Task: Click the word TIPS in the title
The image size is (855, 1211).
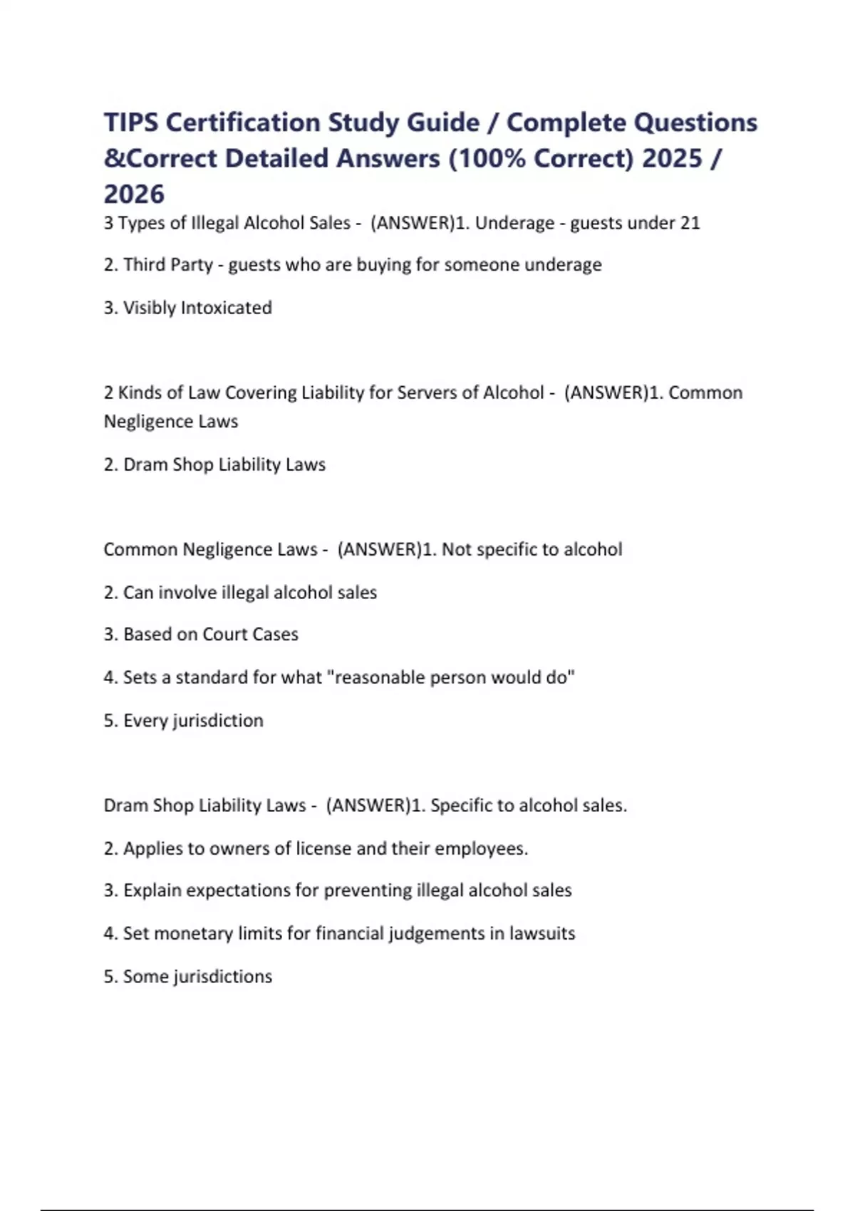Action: pyautogui.click(x=130, y=123)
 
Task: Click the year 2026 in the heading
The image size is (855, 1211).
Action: pyautogui.click(x=134, y=194)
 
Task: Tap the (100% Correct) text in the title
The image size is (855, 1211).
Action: pyautogui.click(x=541, y=158)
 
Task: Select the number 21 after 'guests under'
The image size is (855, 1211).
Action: pyautogui.click(x=690, y=223)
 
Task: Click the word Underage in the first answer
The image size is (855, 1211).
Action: pyautogui.click(x=514, y=223)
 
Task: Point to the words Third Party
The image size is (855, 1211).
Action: pyautogui.click(x=168, y=265)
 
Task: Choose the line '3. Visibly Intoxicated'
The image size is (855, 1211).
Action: pyautogui.click(x=187, y=308)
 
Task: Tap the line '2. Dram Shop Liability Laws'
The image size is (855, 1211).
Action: pyautogui.click(x=214, y=464)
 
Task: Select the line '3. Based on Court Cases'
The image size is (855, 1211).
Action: pyautogui.click(x=201, y=634)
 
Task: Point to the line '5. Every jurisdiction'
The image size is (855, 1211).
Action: pyautogui.click(x=183, y=720)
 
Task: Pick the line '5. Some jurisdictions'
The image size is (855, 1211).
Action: pyautogui.click(x=187, y=976)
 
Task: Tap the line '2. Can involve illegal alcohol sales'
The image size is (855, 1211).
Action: pyautogui.click(x=240, y=592)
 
